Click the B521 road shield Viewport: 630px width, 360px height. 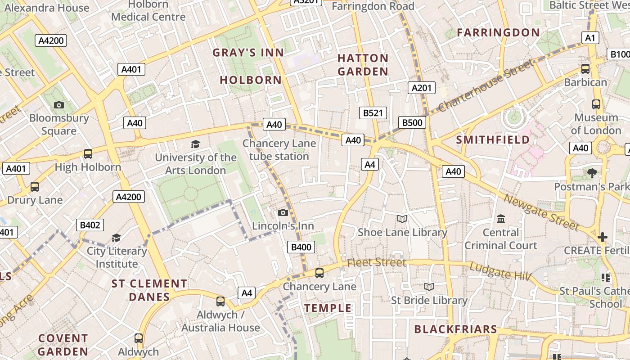[x=373, y=113]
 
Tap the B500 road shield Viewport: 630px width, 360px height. [x=412, y=122]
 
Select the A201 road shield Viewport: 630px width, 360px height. [x=422, y=88]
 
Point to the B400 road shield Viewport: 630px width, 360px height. [x=301, y=247]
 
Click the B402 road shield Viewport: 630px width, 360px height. [x=90, y=225]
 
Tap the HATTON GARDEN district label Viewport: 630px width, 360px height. [x=363, y=65]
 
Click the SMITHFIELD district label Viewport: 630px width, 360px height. [x=493, y=140]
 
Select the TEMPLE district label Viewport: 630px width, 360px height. [x=328, y=308]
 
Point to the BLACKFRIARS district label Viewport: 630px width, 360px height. [x=455, y=329]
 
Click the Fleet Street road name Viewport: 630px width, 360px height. [x=377, y=262]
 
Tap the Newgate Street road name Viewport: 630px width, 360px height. [x=541, y=212]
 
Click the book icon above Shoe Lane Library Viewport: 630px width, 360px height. [x=402, y=219]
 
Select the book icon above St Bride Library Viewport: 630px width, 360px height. [x=429, y=287]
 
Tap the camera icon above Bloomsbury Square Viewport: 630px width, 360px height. [x=58, y=105]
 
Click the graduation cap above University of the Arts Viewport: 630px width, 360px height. [x=195, y=144]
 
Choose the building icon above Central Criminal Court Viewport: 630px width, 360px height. [x=500, y=219]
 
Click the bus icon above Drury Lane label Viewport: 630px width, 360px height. [x=35, y=186]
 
